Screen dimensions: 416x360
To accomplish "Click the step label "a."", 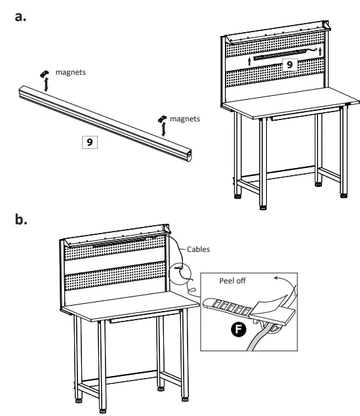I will pyautogui.click(x=20, y=18).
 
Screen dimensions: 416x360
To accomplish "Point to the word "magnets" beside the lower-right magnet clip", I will pyautogui.click(x=186, y=119).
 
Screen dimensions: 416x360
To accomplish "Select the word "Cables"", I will pyautogui.click(x=199, y=249).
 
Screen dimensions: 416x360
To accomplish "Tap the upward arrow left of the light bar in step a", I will pyautogui.click(x=250, y=60).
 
